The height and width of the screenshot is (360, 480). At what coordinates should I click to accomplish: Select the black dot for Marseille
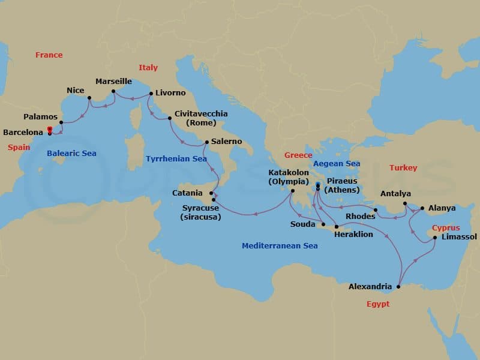pyautogui.click(x=113, y=92)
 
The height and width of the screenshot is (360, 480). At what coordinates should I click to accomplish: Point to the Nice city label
pyautogui.click(x=75, y=90)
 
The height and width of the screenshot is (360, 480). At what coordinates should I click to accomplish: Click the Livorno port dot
pyautogui.click(x=150, y=94)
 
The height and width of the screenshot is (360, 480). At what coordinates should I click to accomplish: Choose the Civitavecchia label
pyautogui.click(x=201, y=113)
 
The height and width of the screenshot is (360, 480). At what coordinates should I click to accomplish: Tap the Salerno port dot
pyautogui.click(x=206, y=142)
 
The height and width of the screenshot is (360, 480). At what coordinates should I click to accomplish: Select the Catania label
pyautogui.click(x=187, y=193)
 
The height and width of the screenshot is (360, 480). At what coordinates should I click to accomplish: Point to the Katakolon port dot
pyautogui.click(x=292, y=191)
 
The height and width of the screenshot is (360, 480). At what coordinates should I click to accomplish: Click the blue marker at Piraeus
pyautogui.click(x=317, y=185)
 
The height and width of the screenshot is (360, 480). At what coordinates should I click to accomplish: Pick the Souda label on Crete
pyautogui.click(x=302, y=224)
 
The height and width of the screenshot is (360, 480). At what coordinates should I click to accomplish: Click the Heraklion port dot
pyautogui.click(x=336, y=226)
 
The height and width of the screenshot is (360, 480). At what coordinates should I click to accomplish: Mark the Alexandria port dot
pyautogui.click(x=398, y=287)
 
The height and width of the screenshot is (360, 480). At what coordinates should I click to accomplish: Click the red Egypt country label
pyautogui.click(x=378, y=304)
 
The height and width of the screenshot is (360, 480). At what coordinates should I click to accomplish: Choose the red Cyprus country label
pyautogui.click(x=446, y=228)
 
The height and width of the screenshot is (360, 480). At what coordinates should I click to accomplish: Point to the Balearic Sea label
pyautogui.click(x=71, y=153)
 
